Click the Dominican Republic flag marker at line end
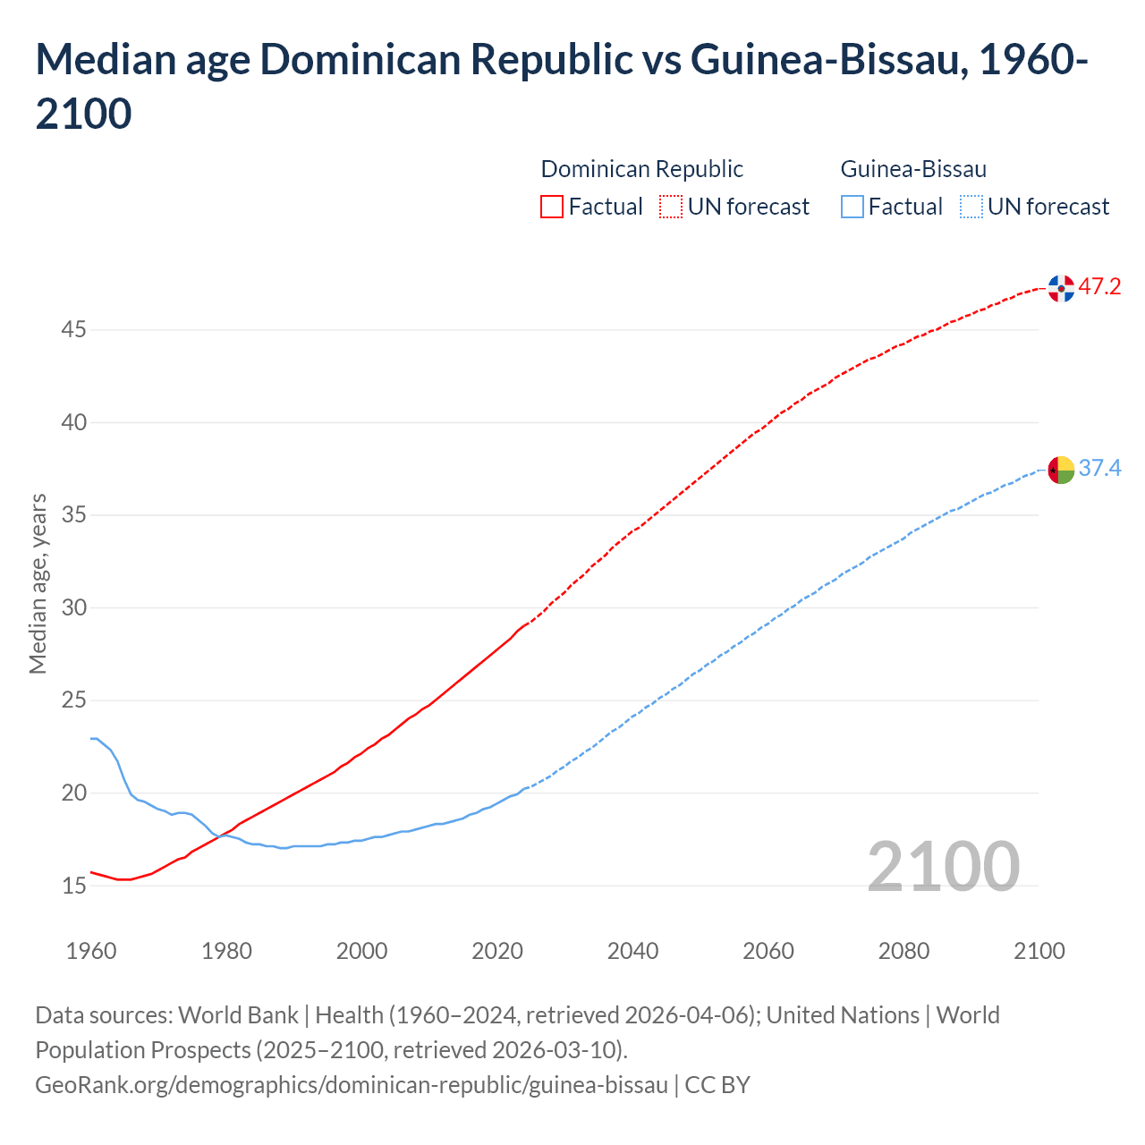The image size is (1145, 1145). (1061, 289)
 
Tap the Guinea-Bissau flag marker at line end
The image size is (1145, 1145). (1061, 470)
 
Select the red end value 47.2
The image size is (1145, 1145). (1099, 287)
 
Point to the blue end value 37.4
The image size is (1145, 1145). (1099, 469)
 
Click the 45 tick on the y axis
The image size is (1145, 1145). (73, 330)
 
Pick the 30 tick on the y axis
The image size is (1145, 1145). (73, 608)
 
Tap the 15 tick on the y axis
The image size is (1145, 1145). (73, 886)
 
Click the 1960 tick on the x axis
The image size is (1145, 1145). (91, 951)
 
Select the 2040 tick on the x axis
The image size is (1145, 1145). (632, 951)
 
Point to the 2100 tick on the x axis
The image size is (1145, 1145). (1039, 951)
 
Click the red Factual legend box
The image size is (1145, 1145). (552, 208)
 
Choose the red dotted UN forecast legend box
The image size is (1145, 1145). (671, 208)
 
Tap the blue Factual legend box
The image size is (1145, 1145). (852, 208)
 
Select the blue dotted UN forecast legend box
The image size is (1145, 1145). (971, 208)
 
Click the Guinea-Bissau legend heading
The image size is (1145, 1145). (913, 169)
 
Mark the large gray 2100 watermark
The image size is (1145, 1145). (943, 866)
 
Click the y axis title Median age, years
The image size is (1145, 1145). (38, 582)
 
